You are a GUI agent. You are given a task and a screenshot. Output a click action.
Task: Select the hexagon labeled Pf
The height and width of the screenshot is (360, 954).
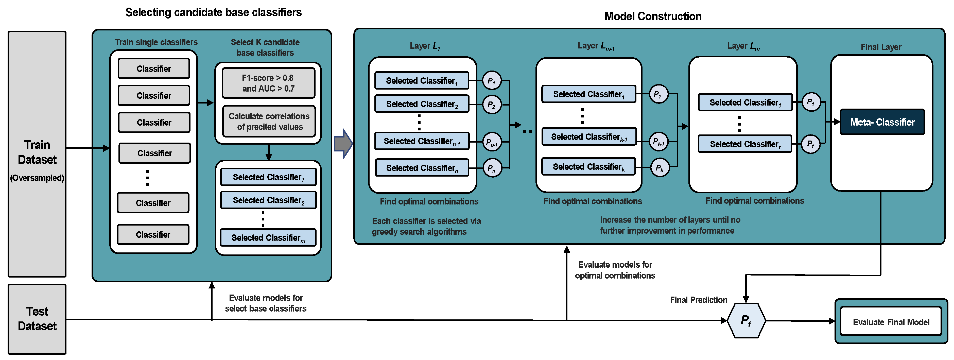click(745, 321)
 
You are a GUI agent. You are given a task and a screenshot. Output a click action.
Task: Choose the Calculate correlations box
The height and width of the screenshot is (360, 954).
click(269, 122)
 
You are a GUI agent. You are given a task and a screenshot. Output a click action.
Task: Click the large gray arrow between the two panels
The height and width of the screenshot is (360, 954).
click(343, 144)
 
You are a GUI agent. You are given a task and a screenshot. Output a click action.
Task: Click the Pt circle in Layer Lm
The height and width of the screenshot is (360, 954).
click(810, 144)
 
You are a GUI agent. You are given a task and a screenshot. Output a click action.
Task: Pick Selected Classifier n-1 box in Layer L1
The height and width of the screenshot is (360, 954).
click(422, 141)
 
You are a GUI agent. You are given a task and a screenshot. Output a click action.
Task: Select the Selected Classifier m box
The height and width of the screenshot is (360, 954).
click(268, 238)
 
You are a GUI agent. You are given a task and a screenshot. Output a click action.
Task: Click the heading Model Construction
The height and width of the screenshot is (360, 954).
click(653, 16)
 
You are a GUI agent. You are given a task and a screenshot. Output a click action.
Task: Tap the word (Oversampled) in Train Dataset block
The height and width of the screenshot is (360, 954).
click(37, 178)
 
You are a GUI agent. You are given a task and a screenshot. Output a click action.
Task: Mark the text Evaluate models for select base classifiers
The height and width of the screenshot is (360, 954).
click(266, 303)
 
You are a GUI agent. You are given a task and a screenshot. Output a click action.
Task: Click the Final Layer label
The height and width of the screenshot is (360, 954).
click(881, 47)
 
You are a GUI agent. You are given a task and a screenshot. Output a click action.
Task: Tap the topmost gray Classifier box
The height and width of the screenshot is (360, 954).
click(154, 68)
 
